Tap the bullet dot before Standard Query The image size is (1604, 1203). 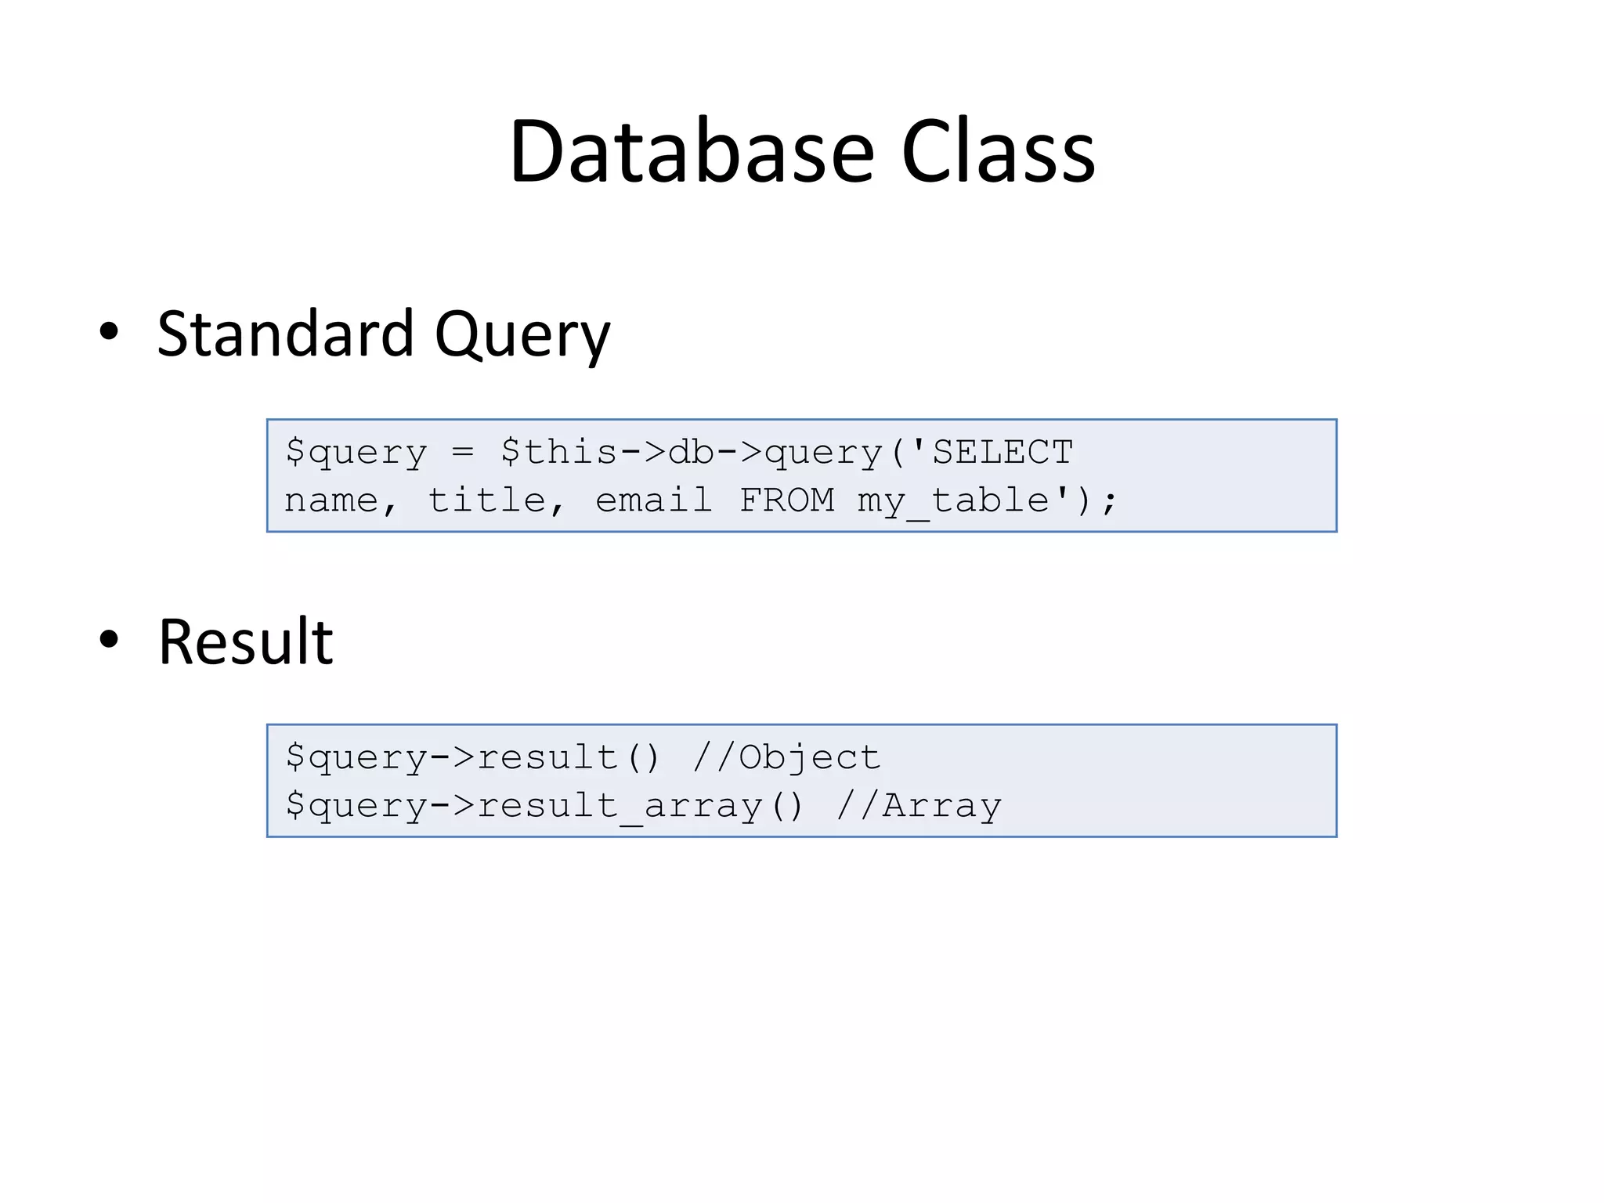(x=109, y=331)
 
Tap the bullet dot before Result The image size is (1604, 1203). (x=109, y=639)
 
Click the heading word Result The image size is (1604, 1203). (x=245, y=642)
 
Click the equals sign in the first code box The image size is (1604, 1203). (x=463, y=452)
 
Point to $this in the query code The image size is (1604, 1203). (x=559, y=452)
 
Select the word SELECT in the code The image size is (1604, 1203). (x=1002, y=452)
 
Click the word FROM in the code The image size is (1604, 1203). (x=786, y=500)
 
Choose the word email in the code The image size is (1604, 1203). (x=654, y=500)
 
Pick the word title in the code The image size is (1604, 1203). (x=486, y=500)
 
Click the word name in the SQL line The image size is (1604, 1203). (x=331, y=500)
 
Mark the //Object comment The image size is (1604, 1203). (x=786, y=757)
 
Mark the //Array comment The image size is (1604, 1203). (x=918, y=805)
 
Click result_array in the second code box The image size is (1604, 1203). (x=620, y=805)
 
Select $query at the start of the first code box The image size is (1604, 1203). (x=356, y=453)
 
